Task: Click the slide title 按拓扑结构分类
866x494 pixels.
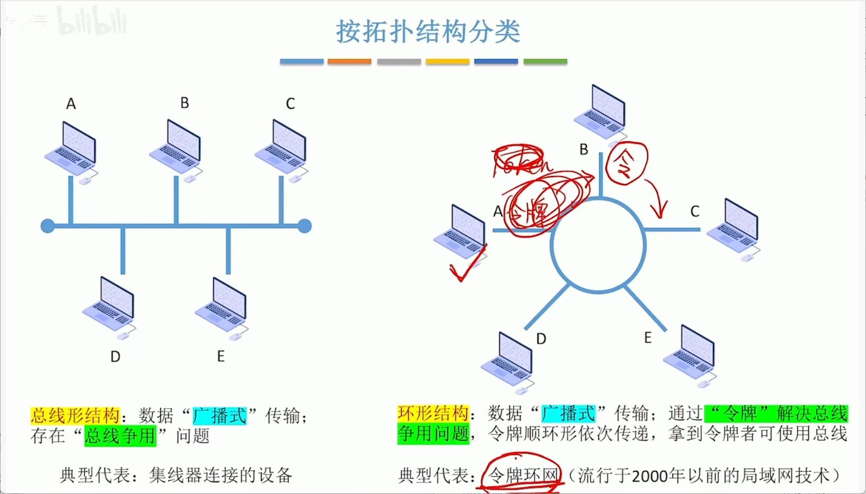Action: coord(428,32)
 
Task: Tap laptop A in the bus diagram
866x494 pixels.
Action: coord(72,149)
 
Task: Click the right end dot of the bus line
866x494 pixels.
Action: coord(305,226)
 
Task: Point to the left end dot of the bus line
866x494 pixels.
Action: coord(48,226)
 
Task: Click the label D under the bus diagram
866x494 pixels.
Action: coord(115,357)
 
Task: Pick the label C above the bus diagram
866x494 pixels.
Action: coord(290,104)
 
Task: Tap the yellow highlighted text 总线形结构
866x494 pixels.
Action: coord(75,416)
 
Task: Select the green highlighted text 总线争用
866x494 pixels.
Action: coord(120,436)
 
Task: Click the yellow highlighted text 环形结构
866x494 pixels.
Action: coord(433,414)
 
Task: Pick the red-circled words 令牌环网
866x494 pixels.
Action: coord(523,476)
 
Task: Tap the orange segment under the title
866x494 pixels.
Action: coord(349,61)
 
